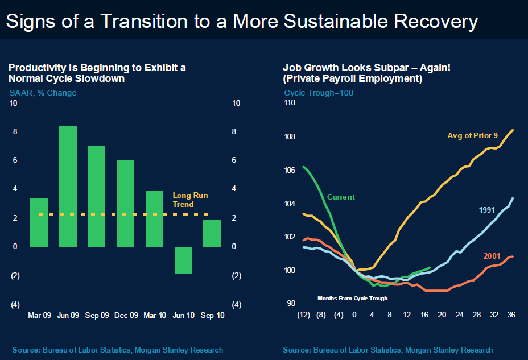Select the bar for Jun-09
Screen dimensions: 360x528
click(68, 186)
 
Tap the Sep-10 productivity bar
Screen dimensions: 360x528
click(212, 233)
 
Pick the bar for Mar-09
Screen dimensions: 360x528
click(39, 222)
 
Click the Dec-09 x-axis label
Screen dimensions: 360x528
click(126, 315)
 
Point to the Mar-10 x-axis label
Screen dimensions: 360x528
click(155, 315)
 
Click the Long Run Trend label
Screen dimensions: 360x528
click(190, 200)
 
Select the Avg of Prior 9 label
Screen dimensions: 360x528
click(472, 135)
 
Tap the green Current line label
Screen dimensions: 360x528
click(341, 197)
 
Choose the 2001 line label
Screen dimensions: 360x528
click(492, 256)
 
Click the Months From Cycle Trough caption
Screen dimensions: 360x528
click(352, 298)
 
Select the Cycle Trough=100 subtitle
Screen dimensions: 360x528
click(319, 93)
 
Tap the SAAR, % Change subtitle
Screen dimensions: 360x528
click(43, 93)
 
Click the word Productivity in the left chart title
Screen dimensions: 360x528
click(34, 68)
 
